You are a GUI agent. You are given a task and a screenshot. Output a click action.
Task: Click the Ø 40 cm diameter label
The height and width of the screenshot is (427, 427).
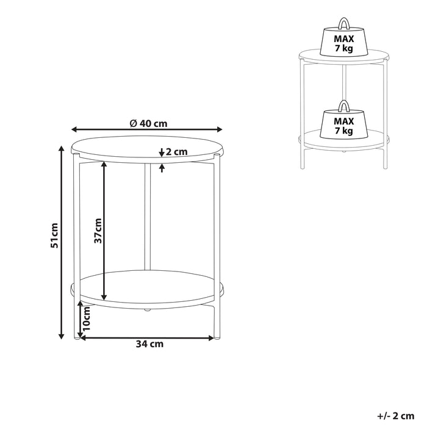click(x=148, y=123)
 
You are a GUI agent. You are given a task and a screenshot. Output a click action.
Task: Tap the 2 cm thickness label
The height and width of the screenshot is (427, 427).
click(x=176, y=152)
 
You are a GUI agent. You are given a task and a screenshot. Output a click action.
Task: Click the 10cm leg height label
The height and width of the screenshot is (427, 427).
click(x=87, y=320)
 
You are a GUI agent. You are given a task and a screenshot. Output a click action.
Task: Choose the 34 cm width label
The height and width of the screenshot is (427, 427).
click(x=149, y=344)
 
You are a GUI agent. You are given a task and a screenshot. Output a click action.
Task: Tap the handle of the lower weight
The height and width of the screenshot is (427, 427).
click(x=344, y=105)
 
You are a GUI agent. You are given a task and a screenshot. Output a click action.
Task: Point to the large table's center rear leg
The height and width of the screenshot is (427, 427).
click(x=146, y=220)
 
